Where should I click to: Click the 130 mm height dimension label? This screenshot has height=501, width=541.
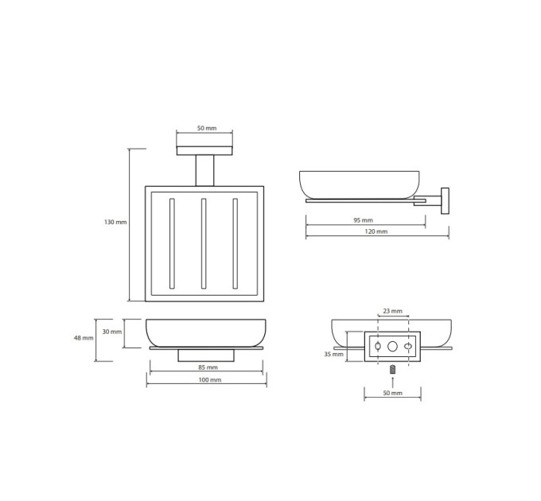click(x=115, y=223)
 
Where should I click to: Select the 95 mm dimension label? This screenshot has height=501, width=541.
click(x=363, y=220)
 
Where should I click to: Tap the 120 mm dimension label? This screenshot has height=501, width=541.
click(x=376, y=231)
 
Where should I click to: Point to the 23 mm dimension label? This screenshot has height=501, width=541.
click(x=393, y=311)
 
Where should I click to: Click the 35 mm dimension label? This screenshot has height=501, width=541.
click(x=333, y=354)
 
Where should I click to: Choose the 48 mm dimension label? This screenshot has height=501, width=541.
click(x=84, y=338)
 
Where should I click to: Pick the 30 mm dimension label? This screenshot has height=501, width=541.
click(x=112, y=332)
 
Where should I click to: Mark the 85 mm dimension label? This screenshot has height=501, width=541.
click(x=208, y=367)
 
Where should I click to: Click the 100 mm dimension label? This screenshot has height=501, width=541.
click(x=210, y=380)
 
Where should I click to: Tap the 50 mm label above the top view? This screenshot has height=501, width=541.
click(x=207, y=128)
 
